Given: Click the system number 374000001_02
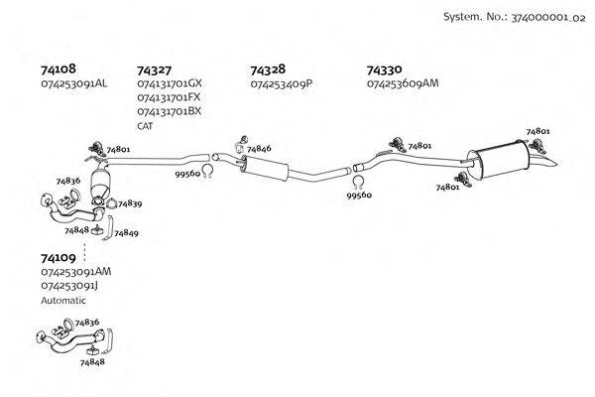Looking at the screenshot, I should (544, 17).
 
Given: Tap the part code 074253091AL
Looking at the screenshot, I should (73, 84).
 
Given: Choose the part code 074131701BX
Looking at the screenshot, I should (169, 112).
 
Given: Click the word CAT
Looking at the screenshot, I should (145, 126).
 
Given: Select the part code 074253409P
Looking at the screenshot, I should (282, 84).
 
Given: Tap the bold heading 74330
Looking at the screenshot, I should (384, 70).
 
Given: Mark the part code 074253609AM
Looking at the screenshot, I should (403, 84).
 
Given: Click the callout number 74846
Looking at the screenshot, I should (259, 149).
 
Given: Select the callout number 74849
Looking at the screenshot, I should (126, 233).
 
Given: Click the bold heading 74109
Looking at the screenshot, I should (57, 257).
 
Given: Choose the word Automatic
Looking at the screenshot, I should (63, 300).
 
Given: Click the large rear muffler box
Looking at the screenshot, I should (501, 157).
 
